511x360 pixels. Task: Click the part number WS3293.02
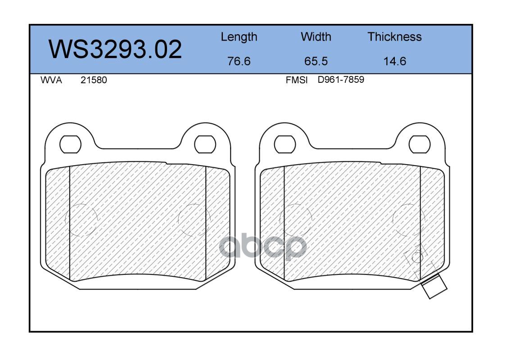pos(115,49)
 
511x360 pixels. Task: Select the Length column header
pos(239,37)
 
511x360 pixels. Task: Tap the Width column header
pos(316,37)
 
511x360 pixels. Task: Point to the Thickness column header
pos(394,37)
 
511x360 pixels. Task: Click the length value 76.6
pos(239,61)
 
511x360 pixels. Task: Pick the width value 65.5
pos(316,61)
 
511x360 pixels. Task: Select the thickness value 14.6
pos(395,61)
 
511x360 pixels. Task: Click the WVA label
pos(51,80)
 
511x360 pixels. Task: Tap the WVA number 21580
pos(94,80)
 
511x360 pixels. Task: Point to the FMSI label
pos(297,80)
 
